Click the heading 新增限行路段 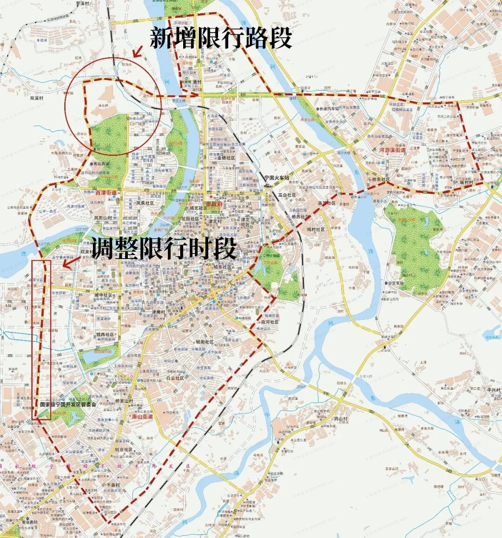pos(220,39)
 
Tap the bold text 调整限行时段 pos(164,249)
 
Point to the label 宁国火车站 pos(277,178)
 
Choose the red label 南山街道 pos(140,417)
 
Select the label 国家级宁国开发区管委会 pos(68,405)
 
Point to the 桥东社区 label pos(383,179)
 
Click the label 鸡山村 pos(341,419)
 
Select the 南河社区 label pos(270,322)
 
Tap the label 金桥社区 pos(226,159)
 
